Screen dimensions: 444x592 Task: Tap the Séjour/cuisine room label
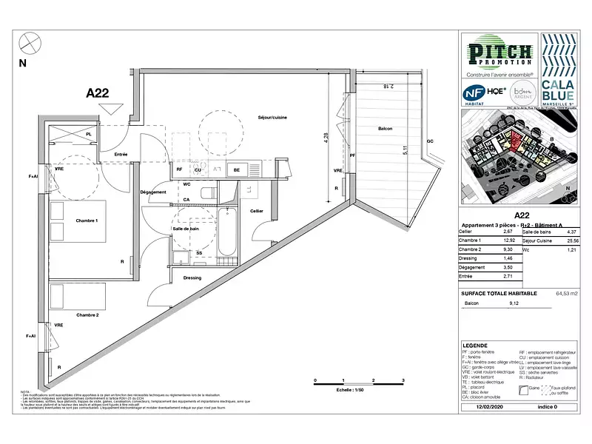(272, 118)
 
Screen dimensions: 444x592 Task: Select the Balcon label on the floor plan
(385, 129)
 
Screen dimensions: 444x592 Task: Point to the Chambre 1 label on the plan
(87, 221)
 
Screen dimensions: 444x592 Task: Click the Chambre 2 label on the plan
(87, 314)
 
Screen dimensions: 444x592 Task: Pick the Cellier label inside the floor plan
(256, 211)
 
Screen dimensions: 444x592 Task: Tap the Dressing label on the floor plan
(192, 277)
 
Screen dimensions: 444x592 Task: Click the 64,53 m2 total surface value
(567, 293)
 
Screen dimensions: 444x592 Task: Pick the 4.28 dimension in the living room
(326, 139)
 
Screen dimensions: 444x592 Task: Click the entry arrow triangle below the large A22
(112, 109)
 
